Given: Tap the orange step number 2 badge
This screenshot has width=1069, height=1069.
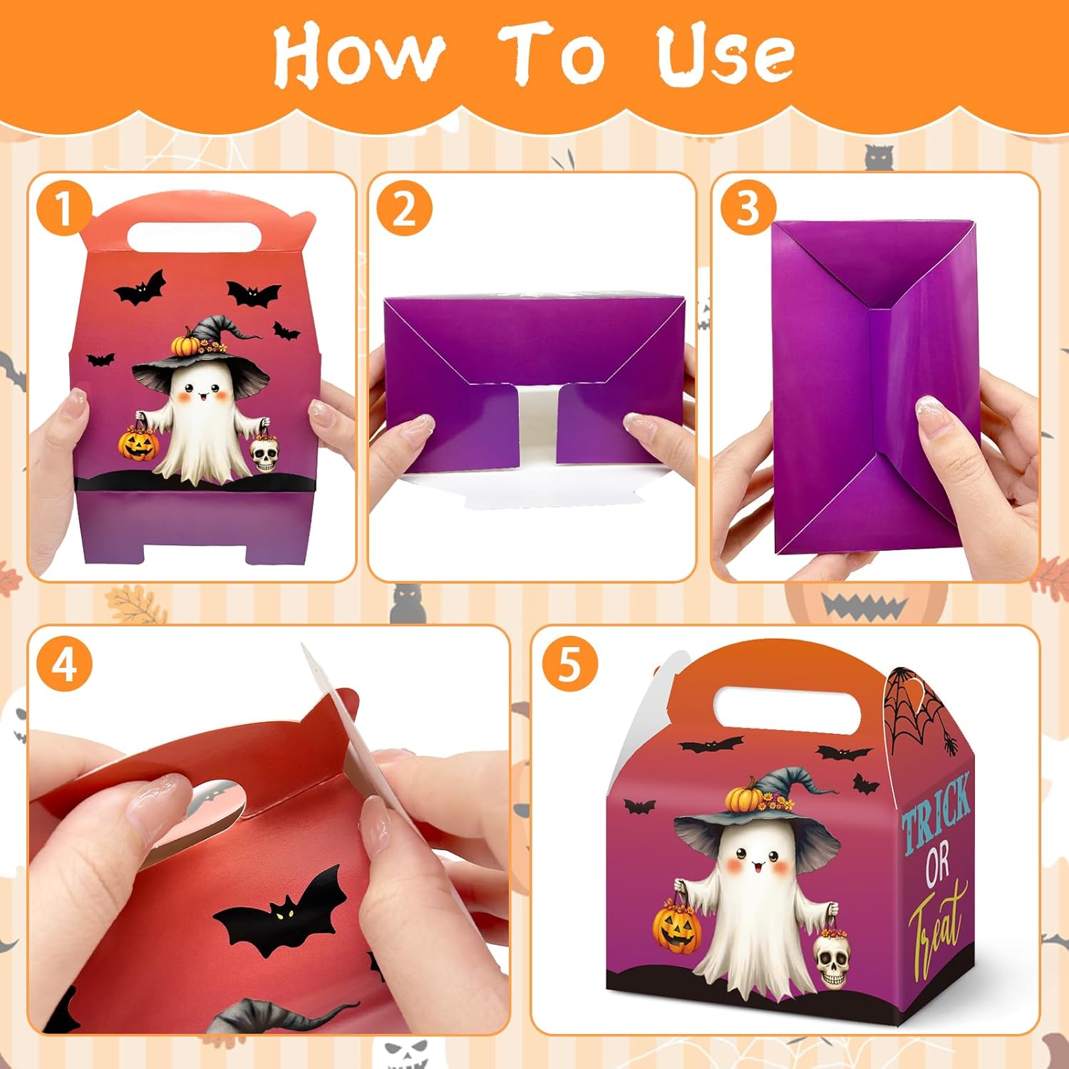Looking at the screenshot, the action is pyautogui.click(x=404, y=209).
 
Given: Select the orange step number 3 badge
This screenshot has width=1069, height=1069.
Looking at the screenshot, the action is pyautogui.click(x=748, y=209).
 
